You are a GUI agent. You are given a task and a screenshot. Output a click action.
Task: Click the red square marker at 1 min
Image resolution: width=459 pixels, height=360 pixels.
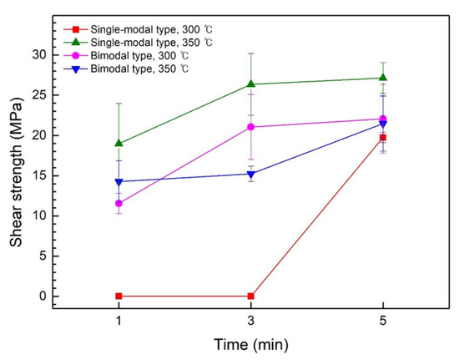click(x=119, y=296)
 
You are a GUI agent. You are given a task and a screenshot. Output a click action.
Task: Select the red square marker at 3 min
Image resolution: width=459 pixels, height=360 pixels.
click(x=251, y=296)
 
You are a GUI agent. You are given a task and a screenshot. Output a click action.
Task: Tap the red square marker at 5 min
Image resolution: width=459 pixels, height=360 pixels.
click(x=383, y=137)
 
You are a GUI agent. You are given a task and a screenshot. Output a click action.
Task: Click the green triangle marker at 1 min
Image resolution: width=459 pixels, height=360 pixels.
click(x=119, y=143)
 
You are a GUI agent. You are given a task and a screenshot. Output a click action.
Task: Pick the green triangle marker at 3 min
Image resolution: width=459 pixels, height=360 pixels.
click(x=251, y=84)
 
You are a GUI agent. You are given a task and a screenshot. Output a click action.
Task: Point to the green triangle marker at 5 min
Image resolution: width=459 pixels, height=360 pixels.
click(x=383, y=78)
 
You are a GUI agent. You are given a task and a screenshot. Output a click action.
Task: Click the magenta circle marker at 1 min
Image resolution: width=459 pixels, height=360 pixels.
click(x=119, y=203)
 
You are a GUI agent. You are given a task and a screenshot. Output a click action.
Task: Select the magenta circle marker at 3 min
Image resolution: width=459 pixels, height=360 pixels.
click(x=251, y=127)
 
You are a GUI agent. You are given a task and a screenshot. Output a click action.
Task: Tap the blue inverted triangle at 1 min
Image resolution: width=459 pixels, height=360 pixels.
click(x=119, y=182)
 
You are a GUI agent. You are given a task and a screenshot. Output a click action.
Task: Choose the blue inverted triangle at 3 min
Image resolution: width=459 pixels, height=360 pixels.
click(x=251, y=175)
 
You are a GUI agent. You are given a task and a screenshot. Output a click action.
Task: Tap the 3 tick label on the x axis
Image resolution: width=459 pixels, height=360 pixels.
click(x=251, y=322)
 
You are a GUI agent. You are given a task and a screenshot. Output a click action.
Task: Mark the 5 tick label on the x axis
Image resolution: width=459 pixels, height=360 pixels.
click(x=383, y=322)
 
